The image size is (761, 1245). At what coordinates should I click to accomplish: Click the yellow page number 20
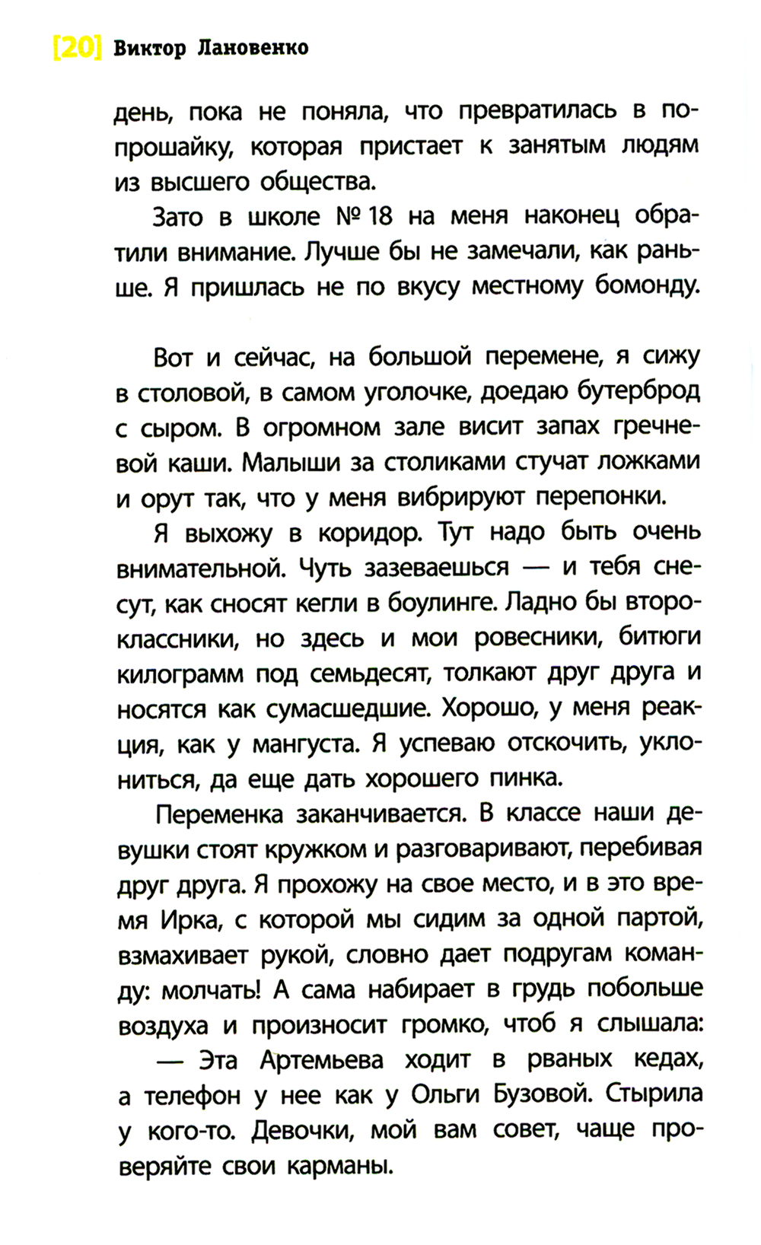click(77, 49)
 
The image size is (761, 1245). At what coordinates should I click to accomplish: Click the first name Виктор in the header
click(149, 49)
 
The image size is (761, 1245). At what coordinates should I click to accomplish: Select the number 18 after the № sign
click(379, 217)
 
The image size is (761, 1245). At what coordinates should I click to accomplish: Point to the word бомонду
click(638, 287)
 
